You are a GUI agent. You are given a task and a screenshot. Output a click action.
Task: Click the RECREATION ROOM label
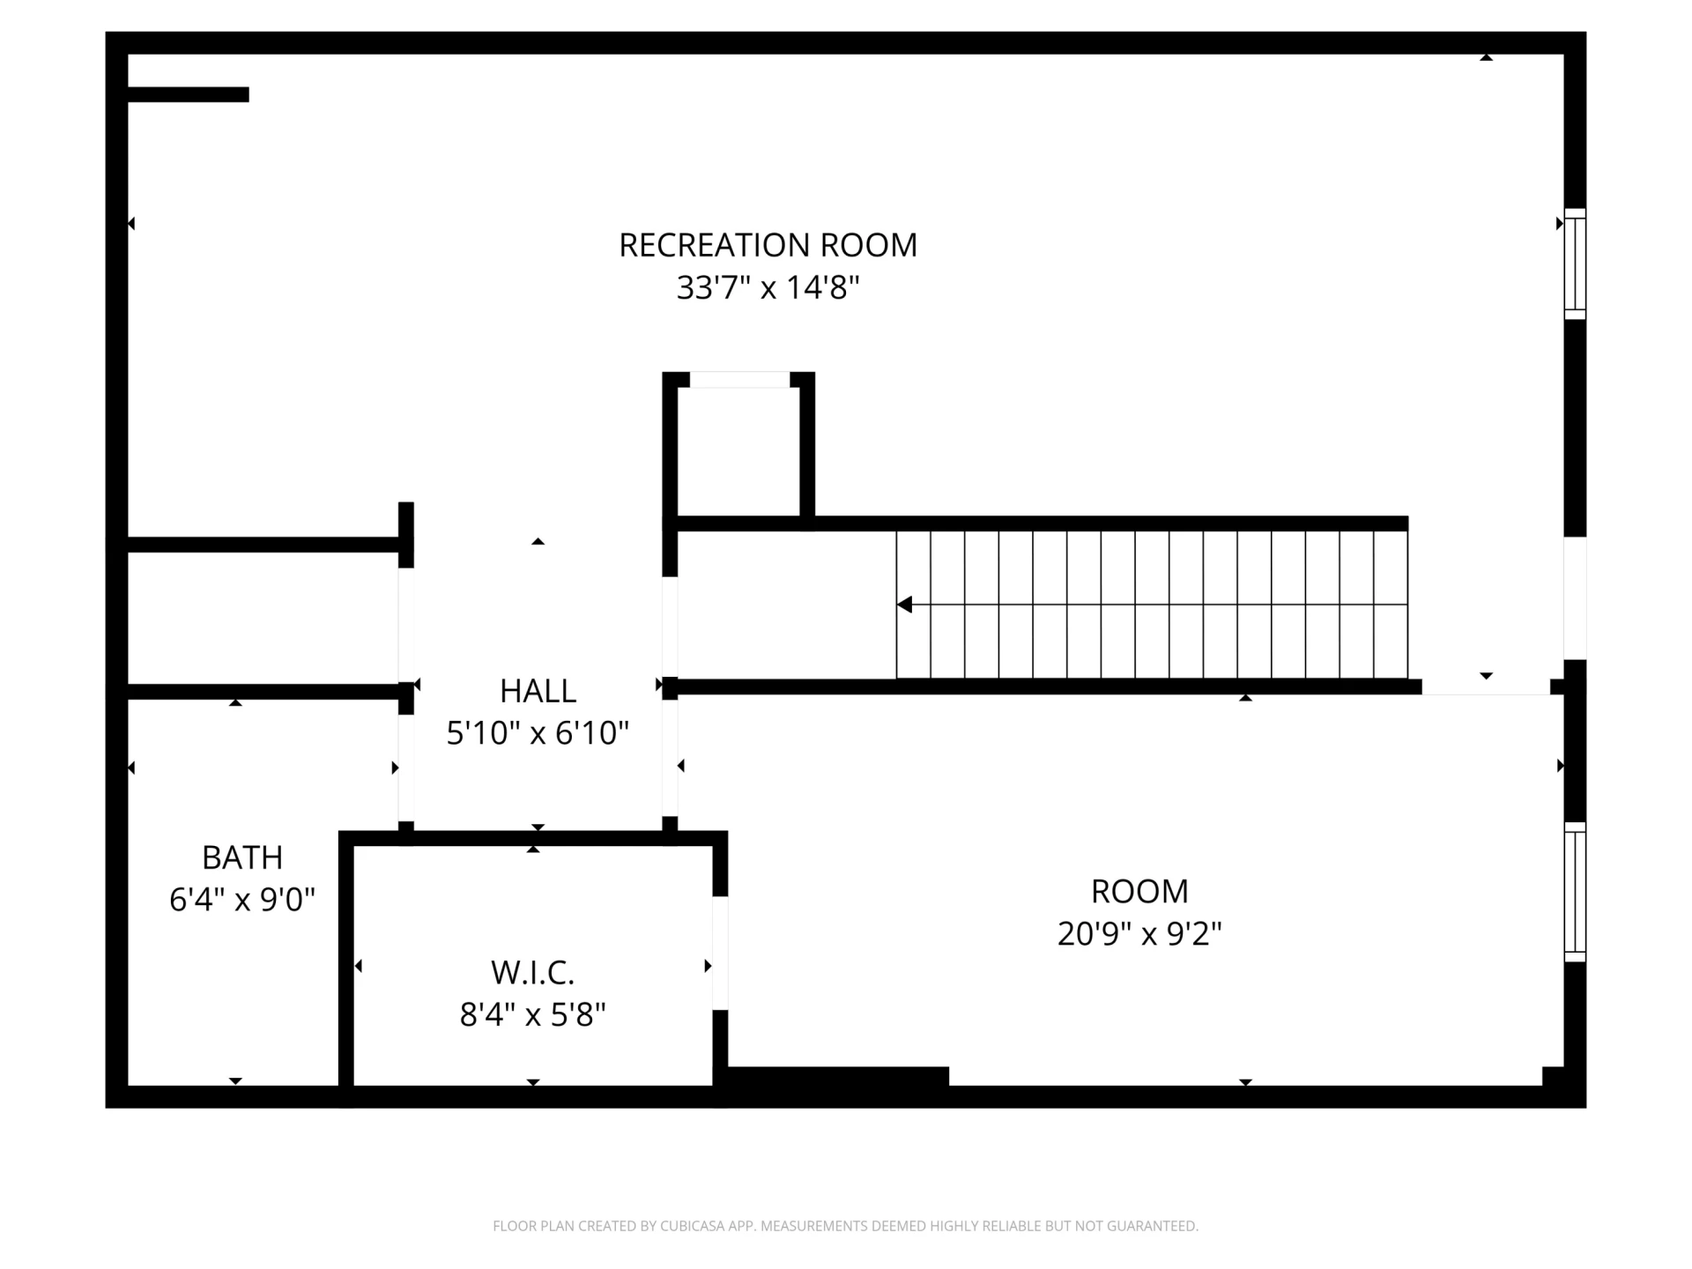coord(768,245)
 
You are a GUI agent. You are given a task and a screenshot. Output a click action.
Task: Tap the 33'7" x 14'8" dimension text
coord(768,287)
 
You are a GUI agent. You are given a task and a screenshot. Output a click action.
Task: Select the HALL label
coord(538,691)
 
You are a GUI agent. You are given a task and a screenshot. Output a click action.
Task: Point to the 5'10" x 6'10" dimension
coord(538,732)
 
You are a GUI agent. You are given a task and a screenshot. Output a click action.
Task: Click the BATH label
coord(242,857)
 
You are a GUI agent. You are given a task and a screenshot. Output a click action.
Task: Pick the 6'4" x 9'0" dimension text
coord(242,900)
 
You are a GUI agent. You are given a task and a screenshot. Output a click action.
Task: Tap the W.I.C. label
coord(532,973)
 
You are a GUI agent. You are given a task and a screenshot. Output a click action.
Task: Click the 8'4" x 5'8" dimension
coord(532,1015)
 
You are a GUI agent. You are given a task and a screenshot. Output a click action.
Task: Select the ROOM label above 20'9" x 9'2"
coord(1139,892)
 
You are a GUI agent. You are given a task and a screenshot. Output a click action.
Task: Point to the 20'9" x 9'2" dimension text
coord(1139,933)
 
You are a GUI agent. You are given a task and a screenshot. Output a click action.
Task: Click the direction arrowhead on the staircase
coord(904,605)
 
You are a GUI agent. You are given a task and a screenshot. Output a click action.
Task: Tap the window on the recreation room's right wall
coord(1575,263)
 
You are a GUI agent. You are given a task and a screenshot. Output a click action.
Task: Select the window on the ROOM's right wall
coord(1575,892)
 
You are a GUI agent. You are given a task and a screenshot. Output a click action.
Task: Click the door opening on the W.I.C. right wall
coord(720,954)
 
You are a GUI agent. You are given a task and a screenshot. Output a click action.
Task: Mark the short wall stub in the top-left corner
coord(189,94)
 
